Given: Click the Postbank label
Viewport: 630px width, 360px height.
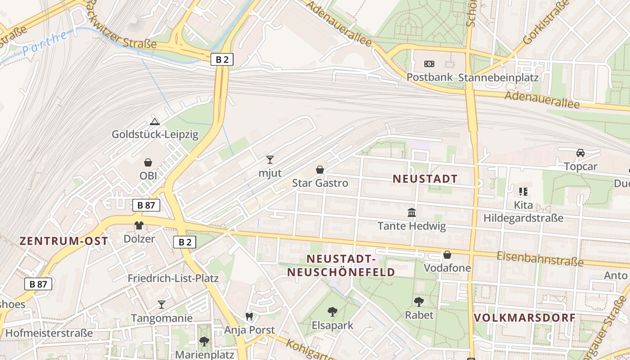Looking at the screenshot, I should [429, 77].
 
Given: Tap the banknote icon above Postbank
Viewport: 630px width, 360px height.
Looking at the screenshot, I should [429, 64].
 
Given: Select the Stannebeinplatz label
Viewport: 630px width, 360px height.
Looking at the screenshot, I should [498, 77].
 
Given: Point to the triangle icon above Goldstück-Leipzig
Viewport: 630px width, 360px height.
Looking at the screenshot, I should [155, 121].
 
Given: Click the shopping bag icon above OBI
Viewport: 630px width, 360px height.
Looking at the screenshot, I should [148, 162].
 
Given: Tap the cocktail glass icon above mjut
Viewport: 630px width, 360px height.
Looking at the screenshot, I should [270, 159].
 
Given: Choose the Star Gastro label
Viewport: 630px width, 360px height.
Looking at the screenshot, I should [320, 183].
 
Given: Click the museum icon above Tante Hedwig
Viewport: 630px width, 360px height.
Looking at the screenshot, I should [412, 212].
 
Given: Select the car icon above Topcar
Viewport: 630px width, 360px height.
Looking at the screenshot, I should [580, 153].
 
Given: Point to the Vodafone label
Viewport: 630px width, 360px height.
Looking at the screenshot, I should [447, 268].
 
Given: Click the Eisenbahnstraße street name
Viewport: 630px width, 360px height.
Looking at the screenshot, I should [540, 259].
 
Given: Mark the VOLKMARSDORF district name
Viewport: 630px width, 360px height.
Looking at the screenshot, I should [525, 318].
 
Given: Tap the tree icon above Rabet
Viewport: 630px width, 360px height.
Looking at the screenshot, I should [419, 301].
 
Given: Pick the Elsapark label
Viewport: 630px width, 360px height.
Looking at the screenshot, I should [333, 325].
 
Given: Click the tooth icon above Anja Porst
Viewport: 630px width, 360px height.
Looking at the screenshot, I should [249, 317].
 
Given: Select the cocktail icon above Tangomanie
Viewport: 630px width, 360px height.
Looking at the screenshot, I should [162, 305].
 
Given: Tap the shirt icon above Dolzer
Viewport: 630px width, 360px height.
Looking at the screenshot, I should [139, 225].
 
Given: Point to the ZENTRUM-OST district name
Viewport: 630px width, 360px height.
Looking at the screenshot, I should [64, 241].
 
